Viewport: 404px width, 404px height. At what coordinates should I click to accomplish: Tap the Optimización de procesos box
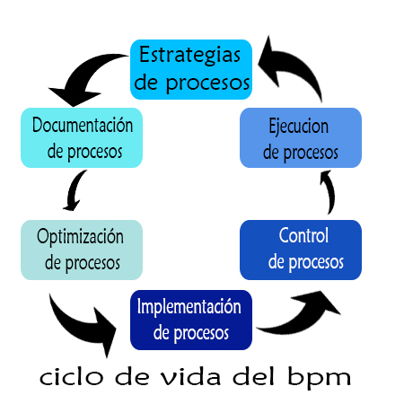81,250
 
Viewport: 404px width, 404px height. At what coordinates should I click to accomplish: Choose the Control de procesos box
302,250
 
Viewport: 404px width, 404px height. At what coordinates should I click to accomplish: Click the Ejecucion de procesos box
301,137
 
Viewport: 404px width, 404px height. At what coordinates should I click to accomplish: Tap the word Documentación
82,125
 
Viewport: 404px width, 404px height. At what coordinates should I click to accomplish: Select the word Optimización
81,237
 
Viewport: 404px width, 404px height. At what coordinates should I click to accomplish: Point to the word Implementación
189,307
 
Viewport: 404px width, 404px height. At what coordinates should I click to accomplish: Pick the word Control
303,237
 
